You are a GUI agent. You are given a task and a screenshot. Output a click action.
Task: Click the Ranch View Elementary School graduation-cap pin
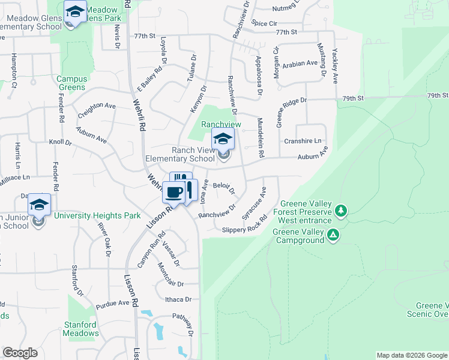(223, 139)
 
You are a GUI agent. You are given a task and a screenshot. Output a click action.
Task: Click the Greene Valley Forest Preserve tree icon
(341, 211)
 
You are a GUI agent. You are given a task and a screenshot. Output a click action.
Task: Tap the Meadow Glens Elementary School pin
(75, 12)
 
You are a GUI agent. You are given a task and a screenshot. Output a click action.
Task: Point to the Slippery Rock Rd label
(244, 229)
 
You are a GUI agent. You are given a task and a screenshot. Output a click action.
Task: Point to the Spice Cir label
(265, 23)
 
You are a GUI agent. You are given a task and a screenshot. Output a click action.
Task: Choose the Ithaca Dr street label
(179, 299)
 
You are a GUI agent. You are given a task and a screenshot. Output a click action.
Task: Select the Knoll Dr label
(60, 143)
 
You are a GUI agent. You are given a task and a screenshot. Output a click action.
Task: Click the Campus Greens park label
(72, 83)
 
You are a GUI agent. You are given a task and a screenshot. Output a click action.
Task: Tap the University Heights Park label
(97, 216)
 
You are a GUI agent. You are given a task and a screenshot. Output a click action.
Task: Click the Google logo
(20, 353)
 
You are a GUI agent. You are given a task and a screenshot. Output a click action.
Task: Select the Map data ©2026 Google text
(411, 355)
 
